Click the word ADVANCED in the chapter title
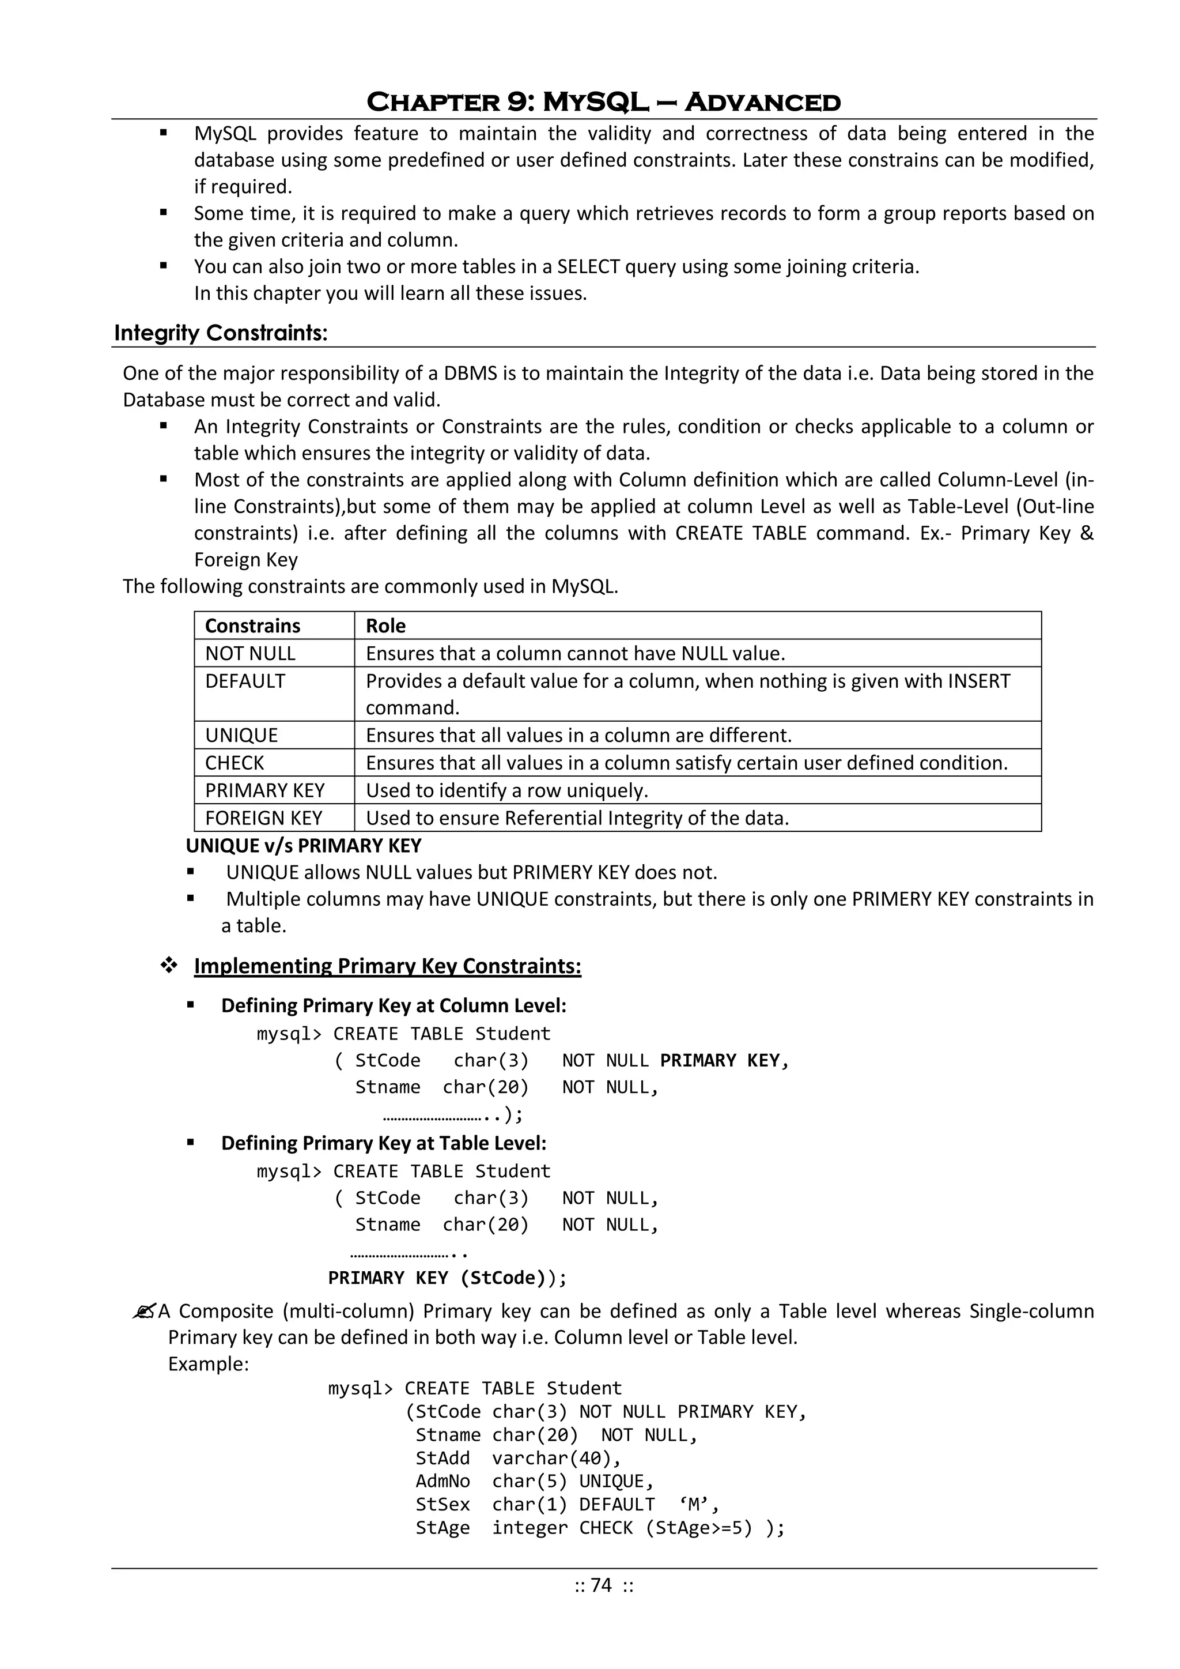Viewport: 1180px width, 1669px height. pos(762,103)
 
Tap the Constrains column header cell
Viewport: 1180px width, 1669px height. pos(252,626)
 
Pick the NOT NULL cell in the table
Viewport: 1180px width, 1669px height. pos(250,654)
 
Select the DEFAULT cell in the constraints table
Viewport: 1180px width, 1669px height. pos(245,681)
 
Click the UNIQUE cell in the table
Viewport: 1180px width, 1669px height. pos(241,735)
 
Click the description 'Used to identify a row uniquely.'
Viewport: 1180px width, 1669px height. pos(506,790)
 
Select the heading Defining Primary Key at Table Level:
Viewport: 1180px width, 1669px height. pos(384,1143)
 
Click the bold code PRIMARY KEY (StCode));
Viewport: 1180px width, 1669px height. pos(447,1278)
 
